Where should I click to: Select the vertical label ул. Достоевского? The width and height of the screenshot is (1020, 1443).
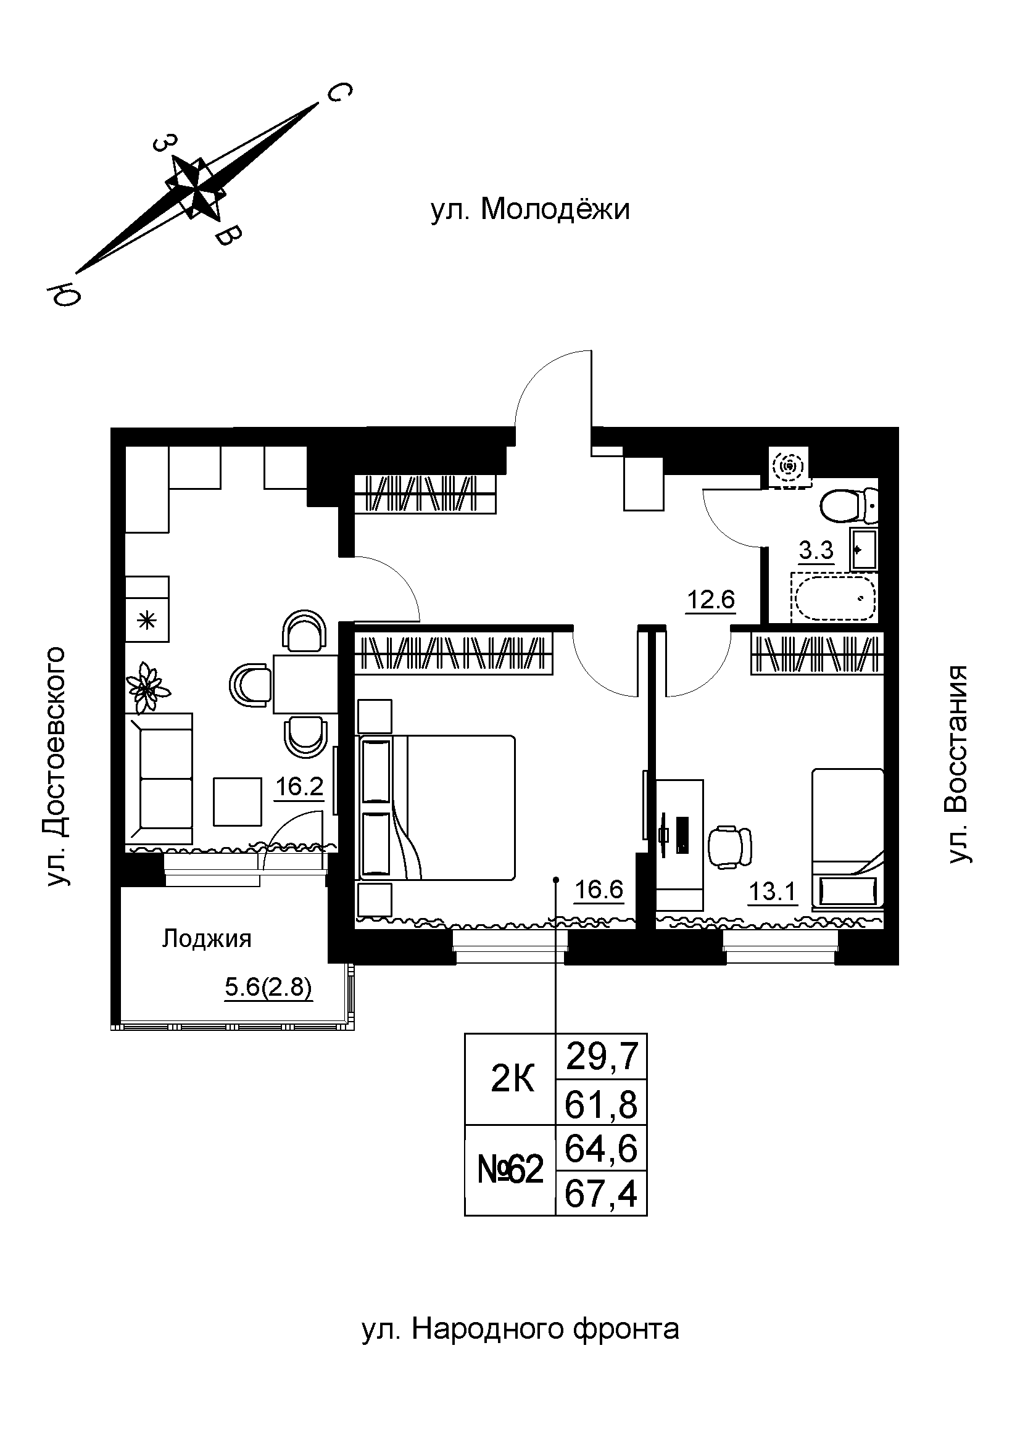pyautogui.click(x=56, y=766)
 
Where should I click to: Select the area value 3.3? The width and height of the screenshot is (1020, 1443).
pyautogui.click(x=816, y=550)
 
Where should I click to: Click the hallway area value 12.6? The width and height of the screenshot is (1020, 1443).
pyautogui.click(x=710, y=600)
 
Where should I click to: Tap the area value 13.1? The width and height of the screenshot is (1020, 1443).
pyautogui.click(x=773, y=892)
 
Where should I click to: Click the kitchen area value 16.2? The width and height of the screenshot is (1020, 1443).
pyautogui.click(x=299, y=786)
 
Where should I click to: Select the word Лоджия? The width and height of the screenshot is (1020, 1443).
pyautogui.click(x=207, y=939)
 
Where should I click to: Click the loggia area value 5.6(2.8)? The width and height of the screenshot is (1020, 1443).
pyautogui.click(x=268, y=988)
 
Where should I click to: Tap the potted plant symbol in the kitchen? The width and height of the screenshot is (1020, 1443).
pyautogui.click(x=147, y=688)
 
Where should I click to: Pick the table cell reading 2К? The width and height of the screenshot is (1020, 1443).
pyautogui.click(x=512, y=1078)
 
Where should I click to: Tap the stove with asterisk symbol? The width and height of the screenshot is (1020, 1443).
pyautogui.click(x=146, y=622)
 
